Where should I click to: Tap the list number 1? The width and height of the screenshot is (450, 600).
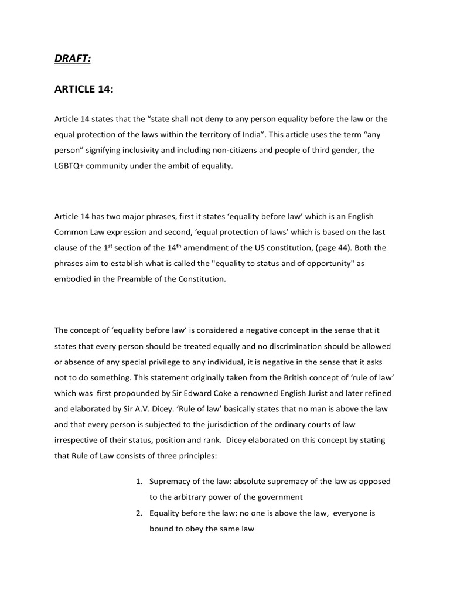tap(138, 482)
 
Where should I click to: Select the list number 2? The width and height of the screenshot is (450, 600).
tap(138, 513)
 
